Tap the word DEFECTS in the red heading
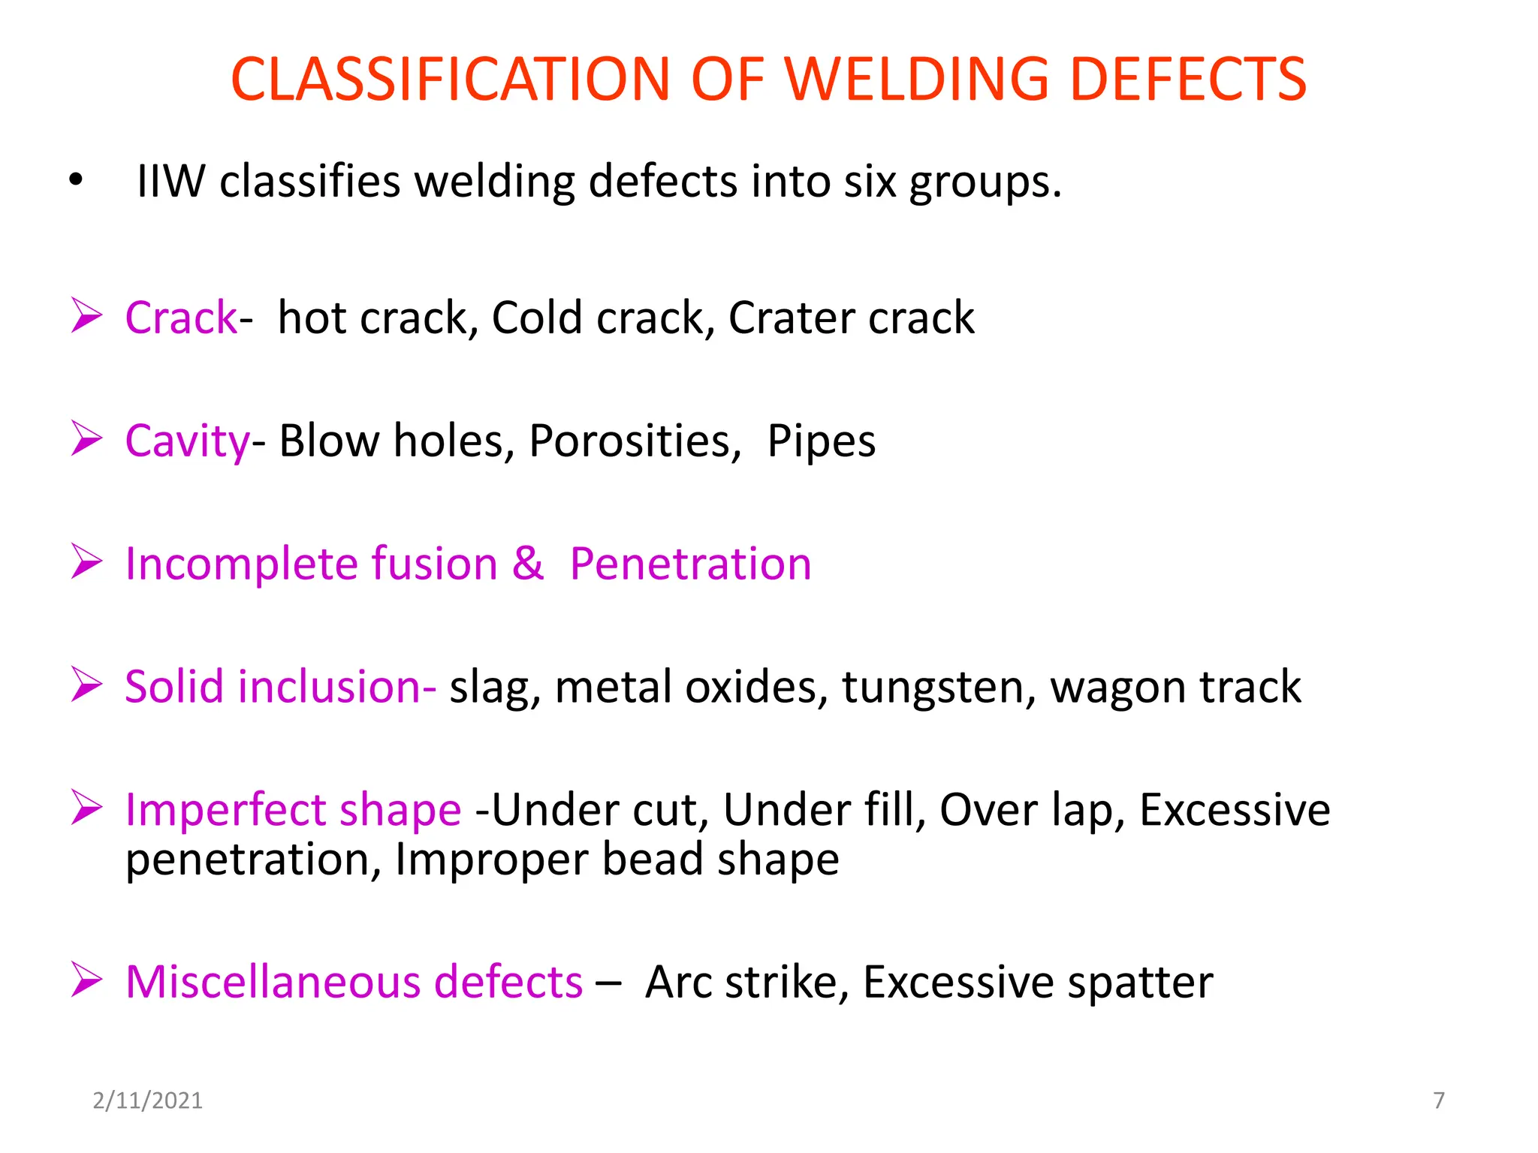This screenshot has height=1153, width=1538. tap(1188, 79)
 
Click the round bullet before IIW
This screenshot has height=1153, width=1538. tap(75, 181)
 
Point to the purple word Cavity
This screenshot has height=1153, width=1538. tap(187, 441)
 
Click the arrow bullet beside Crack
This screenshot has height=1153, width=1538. tap(86, 315)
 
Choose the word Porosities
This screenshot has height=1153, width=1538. tap(630, 441)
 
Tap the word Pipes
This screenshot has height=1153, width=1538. tap(821, 441)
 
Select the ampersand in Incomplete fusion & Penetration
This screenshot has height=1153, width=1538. tap(528, 563)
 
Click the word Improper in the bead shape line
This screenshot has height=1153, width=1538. tap(491, 859)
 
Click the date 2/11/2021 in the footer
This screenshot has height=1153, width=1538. tap(147, 1100)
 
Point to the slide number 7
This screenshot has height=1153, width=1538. tap(1439, 1100)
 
